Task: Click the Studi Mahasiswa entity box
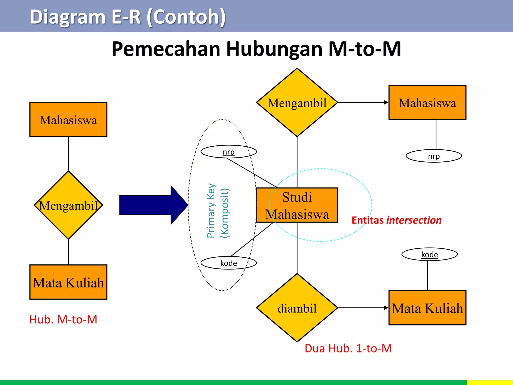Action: pos(297,205)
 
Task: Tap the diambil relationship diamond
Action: pos(297,308)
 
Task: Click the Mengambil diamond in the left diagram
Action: pos(68,205)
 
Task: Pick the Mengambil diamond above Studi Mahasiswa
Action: pos(297,103)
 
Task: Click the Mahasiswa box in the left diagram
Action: pos(68,120)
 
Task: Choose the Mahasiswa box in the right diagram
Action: pos(427,103)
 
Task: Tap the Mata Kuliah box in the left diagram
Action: pos(68,282)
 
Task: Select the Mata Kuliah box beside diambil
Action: pos(427,308)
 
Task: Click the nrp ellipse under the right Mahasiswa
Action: pos(434,156)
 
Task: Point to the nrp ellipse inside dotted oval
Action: pos(228,152)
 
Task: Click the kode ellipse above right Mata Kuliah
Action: pos(430,254)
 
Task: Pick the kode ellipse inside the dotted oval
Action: pos(228,263)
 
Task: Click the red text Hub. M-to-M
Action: pos(63,320)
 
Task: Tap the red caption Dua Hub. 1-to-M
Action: pos(348,348)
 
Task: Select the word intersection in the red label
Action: pos(414,220)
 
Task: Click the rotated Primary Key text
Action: pos(211,211)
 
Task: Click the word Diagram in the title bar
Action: pos(68,17)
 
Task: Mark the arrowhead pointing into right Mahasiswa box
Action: pos(386,103)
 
